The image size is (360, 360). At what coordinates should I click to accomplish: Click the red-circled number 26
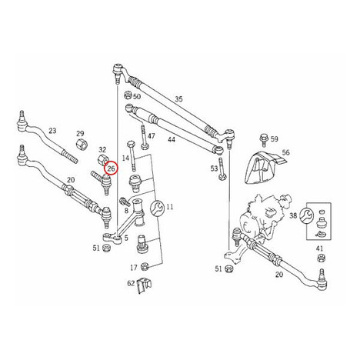pyautogui.click(x=112, y=168)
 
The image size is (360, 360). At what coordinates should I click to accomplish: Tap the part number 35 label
pyautogui.click(x=178, y=99)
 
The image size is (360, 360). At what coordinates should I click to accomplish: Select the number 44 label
pyautogui.click(x=172, y=139)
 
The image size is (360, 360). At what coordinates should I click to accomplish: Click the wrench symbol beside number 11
pyautogui.click(x=157, y=208)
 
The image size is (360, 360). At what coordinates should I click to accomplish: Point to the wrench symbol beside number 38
pyautogui.click(x=307, y=215)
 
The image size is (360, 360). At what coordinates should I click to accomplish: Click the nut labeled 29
pyautogui.click(x=82, y=145)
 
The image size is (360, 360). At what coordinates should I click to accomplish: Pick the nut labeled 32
pyautogui.click(x=103, y=160)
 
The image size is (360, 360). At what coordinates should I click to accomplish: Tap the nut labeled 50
pyautogui.click(x=128, y=95)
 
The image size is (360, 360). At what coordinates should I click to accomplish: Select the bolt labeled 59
pyautogui.click(x=264, y=138)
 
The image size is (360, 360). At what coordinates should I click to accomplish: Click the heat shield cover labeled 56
pyautogui.click(x=263, y=167)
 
